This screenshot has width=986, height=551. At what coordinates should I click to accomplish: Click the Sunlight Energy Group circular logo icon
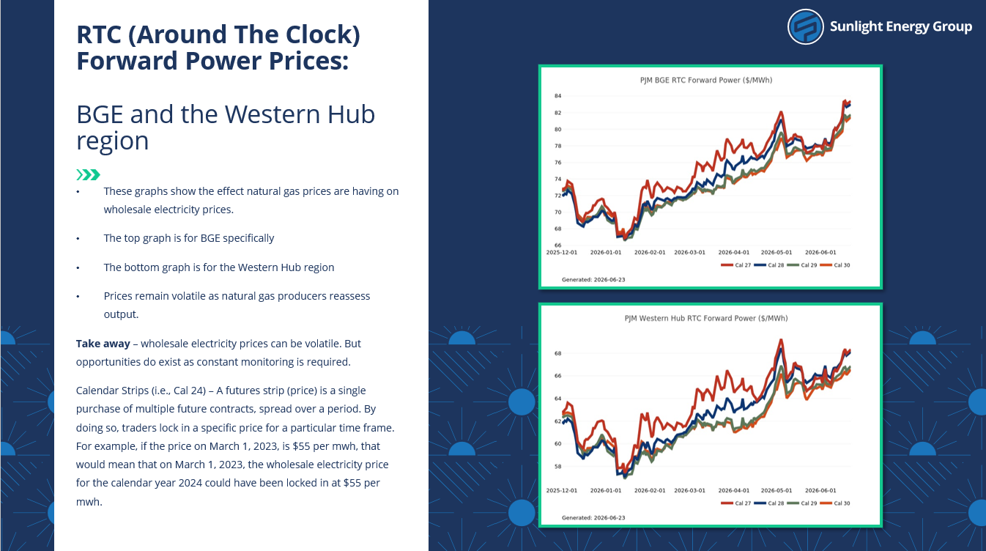click(805, 27)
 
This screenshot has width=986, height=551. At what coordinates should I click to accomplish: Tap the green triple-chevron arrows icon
click(88, 175)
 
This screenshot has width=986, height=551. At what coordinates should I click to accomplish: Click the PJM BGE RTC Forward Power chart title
click(705, 80)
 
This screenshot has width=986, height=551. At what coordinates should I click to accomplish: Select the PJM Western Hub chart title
click(705, 318)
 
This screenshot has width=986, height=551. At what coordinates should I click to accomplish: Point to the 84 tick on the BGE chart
click(557, 96)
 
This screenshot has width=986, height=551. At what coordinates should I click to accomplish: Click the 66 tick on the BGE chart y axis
click(557, 245)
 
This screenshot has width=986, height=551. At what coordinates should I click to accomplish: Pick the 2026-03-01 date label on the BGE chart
click(689, 252)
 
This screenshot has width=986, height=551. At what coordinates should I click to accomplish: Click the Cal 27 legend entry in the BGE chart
click(736, 265)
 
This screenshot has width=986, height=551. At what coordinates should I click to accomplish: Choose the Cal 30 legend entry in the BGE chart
click(835, 265)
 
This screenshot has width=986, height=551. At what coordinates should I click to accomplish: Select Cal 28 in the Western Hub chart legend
click(769, 503)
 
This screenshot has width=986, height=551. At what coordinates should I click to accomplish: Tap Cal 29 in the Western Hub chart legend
click(802, 503)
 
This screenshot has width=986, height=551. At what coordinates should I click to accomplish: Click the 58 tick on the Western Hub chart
click(557, 467)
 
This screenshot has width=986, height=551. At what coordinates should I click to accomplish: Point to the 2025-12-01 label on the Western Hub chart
click(561, 490)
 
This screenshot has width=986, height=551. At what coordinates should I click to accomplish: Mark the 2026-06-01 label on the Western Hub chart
click(820, 490)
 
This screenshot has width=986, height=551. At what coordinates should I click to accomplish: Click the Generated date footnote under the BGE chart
click(593, 280)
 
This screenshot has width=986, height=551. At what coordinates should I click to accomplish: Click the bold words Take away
click(103, 344)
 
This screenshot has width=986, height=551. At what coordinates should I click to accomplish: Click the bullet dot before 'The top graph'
click(78, 239)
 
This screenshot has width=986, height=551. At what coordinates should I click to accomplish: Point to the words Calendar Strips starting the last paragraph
click(112, 391)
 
